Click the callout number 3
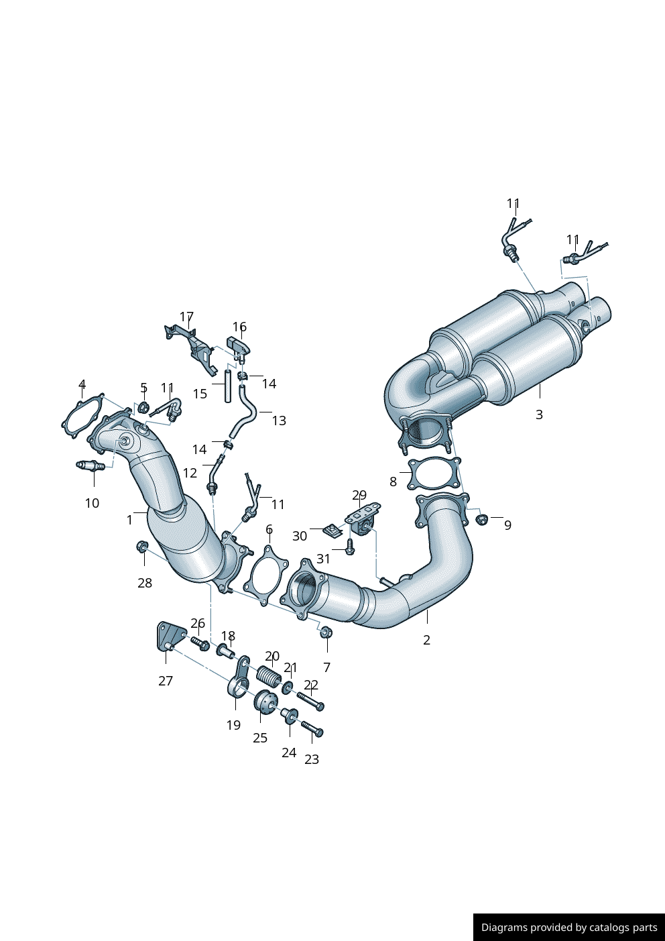539,414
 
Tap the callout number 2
426,641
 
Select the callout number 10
92,503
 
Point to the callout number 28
145,583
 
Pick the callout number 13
279,421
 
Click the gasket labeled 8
434,474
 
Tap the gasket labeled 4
82,416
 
